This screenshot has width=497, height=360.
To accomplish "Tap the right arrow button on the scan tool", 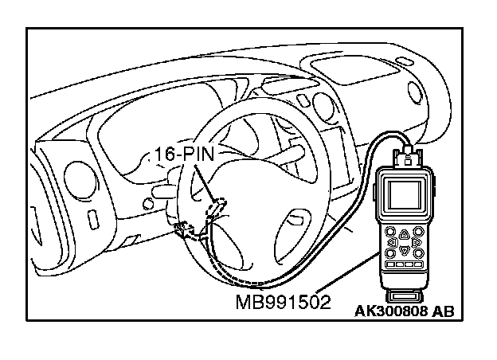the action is pos(416,241).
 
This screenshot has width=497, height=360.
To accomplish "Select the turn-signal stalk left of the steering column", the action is pos(162,191).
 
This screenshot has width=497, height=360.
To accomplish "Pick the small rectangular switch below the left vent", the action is pos(94,217).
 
